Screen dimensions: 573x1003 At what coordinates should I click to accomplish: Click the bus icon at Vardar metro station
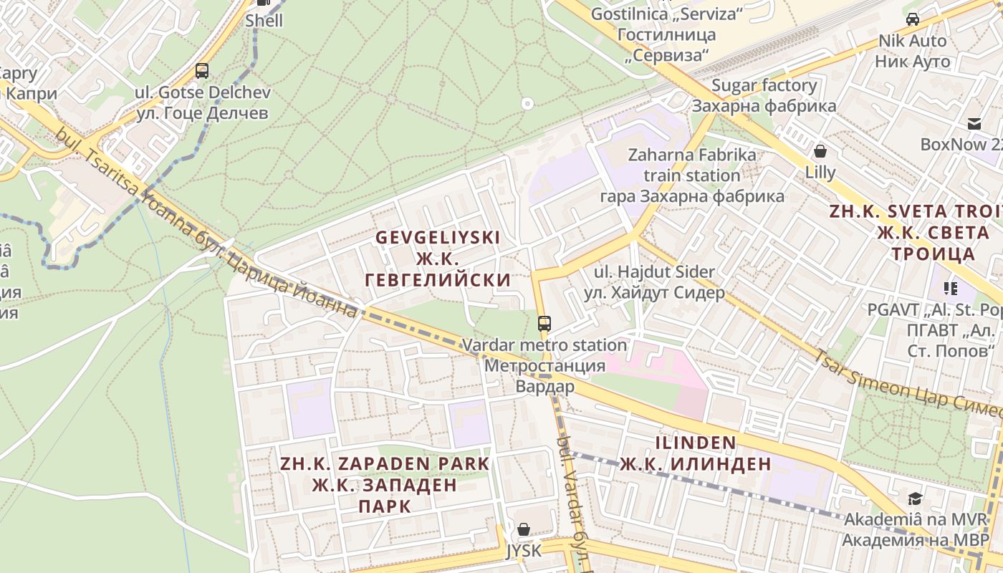tap(544, 324)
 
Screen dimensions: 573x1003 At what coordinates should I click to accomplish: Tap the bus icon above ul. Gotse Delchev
tap(202, 71)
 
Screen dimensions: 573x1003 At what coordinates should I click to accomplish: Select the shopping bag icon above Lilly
tap(820, 151)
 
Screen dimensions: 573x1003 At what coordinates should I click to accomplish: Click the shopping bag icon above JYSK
tap(524, 529)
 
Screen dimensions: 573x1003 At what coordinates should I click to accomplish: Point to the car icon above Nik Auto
tap(913, 19)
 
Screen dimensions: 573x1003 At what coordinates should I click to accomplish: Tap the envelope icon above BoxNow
tap(974, 124)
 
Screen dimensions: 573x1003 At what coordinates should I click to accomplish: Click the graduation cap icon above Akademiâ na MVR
tap(914, 499)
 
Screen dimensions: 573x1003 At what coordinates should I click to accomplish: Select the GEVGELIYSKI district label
tap(438, 258)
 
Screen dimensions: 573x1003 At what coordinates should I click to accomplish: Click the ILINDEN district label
tap(695, 453)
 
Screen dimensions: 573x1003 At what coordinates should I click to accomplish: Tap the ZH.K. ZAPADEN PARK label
tap(385, 484)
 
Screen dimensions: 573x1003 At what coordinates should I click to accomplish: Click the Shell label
tap(264, 20)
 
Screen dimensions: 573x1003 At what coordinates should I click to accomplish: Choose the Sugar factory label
tap(764, 95)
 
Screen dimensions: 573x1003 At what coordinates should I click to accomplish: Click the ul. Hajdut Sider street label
tap(655, 282)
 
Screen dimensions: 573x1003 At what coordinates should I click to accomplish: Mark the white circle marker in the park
tap(528, 104)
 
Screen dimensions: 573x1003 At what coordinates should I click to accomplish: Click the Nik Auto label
tap(913, 51)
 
